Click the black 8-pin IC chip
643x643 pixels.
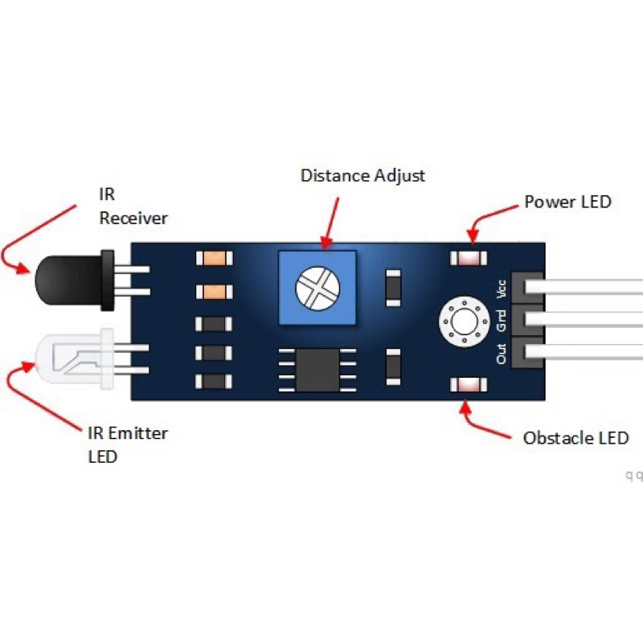[x=317, y=369]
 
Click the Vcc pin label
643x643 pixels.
[x=502, y=289]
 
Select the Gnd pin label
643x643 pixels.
[x=502, y=321]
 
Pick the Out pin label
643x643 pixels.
[x=502, y=354]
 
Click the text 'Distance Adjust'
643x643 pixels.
[x=362, y=175]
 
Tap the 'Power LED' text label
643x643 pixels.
[x=567, y=201]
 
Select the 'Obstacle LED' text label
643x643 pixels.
[x=575, y=438]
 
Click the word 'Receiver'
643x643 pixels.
[x=133, y=218]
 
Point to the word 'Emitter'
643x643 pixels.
[x=138, y=434]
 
